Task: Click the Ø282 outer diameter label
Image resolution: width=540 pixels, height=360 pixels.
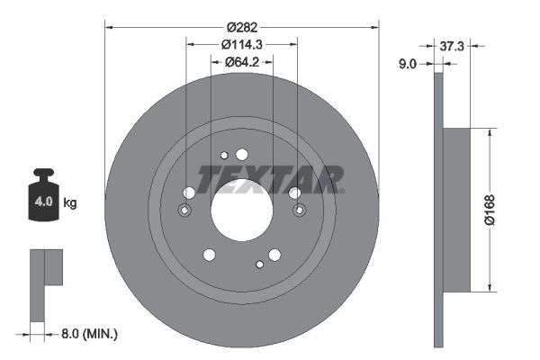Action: (242, 27)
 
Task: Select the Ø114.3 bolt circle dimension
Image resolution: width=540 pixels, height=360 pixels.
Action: (242, 44)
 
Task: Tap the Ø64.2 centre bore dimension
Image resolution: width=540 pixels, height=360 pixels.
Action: (242, 62)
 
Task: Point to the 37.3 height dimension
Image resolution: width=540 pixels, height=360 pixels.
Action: (452, 46)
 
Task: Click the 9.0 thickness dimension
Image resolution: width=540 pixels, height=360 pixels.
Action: (408, 64)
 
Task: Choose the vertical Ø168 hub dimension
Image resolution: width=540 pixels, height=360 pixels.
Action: (490, 210)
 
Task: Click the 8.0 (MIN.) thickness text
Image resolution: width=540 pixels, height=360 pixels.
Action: (89, 334)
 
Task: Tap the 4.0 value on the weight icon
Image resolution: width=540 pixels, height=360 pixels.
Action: (43, 202)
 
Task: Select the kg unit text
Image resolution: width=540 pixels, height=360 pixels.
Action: (70, 202)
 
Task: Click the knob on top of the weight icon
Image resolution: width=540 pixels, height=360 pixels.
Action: (43, 172)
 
